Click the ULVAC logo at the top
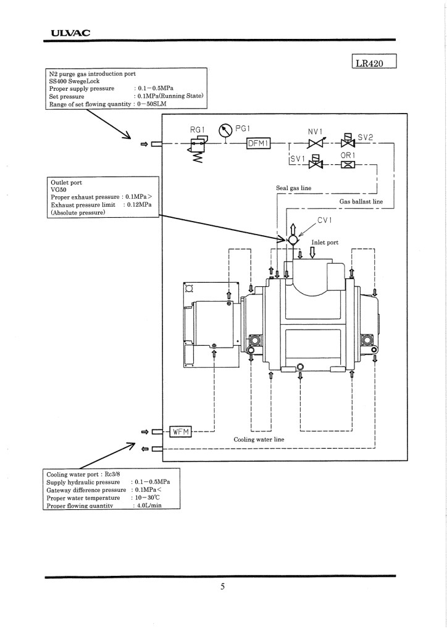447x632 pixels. click(x=70, y=33)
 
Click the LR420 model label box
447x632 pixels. click(x=374, y=61)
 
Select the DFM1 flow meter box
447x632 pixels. click(x=258, y=143)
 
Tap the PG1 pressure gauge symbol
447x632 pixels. click(x=225, y=130)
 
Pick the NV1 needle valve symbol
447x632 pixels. click(x=315, y=143)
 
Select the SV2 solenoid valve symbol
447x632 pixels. click(x=348, y=140)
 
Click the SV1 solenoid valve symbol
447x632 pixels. click(x=315, y=162)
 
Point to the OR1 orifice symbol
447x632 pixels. click(x=348, y=164)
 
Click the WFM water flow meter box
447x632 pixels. click(x=180, y=431)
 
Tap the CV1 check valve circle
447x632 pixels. click(x=293, y=240)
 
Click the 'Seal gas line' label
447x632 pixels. click(x=293, y=188)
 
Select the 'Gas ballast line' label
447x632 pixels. click(x=361, y=202)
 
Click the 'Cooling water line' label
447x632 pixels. click(x=259, y=439)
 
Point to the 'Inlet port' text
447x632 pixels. click(x=325, y=242)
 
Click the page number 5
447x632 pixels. click(x=222, y=586)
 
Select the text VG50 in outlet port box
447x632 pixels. click(x=59, y=190)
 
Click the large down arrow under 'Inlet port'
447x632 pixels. click(x=312, y=252)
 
